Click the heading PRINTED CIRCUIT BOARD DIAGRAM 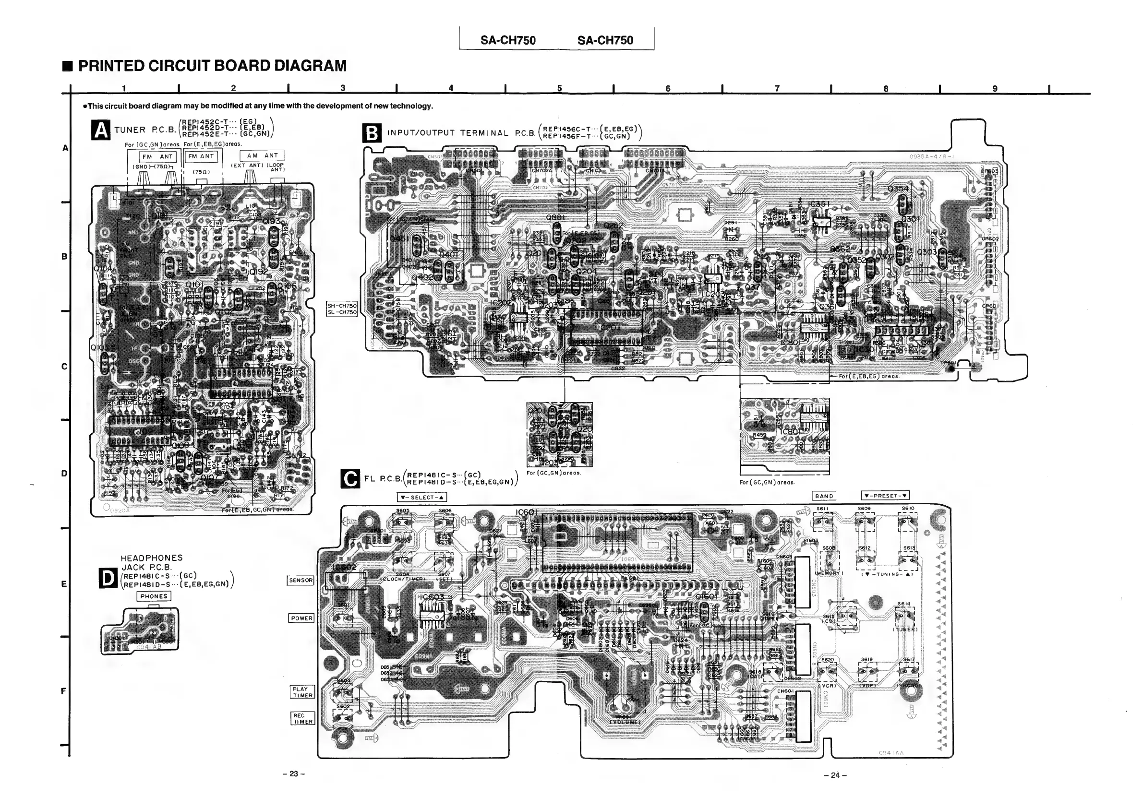[x=212, y=66]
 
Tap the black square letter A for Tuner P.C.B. [x=101, y=131]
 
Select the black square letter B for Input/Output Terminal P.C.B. [x=373, y=134]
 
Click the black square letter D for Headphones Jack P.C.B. [x=108, y=578]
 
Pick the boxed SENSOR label [x=301, y=580]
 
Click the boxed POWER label [x=301, y=618]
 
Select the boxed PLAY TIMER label [x=302, y=692]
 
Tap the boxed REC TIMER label [x=303, y=718]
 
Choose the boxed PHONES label [x=154, y=596]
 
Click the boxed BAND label [x=824, y=496]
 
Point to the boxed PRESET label [x=886, y=496]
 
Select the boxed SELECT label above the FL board [x=421, y=497]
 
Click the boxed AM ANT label [x=263, y=156]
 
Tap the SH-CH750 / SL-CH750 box [x=341, y=309]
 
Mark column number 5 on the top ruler [x=560, y=89]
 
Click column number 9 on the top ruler [x=995, y=89]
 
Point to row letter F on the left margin [x=63, y=691]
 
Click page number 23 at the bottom [x=293, y=774]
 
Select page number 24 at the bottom [x=835, y=775]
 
